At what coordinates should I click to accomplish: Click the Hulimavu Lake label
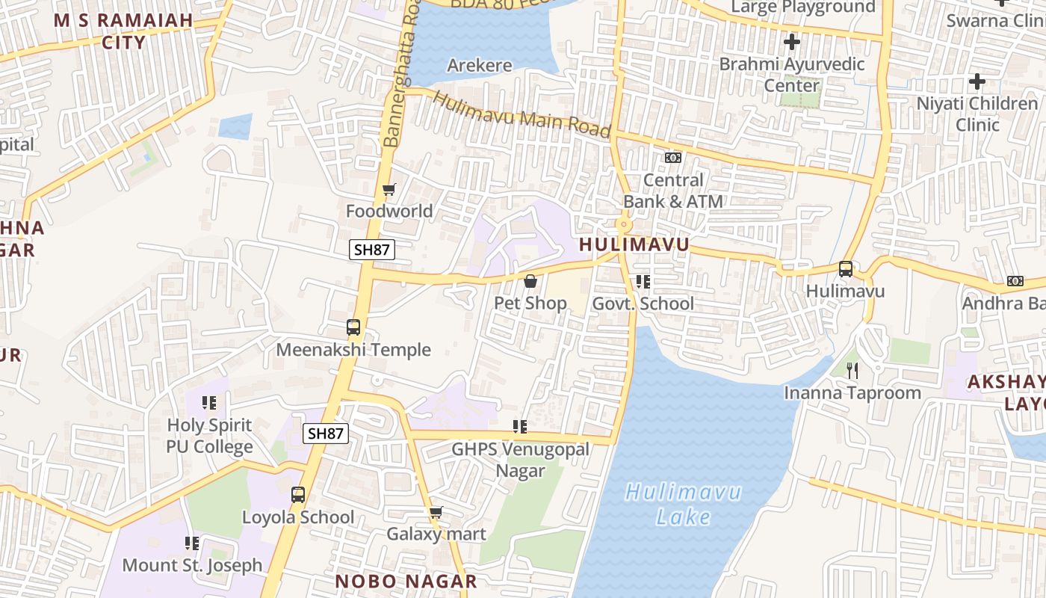click(x=684, y=504)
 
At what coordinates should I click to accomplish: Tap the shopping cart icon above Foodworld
click(x=389, y=189)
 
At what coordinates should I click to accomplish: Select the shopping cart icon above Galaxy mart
click(x=436, y=513)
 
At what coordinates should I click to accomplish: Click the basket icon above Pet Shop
click(x=530, y=282)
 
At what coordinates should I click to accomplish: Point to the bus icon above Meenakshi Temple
click(x=353, y=327)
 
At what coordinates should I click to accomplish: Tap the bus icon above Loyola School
click(x=298, y=495)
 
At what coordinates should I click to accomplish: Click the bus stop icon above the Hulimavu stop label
click(x=845, y=269)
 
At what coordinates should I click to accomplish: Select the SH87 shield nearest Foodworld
click(x=371, y=250)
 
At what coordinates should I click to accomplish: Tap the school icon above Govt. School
click(x=643, y=282)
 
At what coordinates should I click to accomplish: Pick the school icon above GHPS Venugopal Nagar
click(x=519, y=427)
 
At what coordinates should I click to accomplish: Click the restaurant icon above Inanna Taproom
click(x=852, y=370)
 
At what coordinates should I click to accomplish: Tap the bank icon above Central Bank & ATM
click(x=673, y=158)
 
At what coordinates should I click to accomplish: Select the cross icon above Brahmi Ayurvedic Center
click(x=791, y=42)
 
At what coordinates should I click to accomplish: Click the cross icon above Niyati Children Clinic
click(x=977, y=81)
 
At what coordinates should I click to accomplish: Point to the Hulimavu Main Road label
click(x=522, y=114)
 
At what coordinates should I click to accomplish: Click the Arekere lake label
click(x=480, y=66)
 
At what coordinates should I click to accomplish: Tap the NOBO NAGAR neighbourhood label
click(x=406, y=581)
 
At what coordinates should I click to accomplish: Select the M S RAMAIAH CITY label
click(x=124, y=31)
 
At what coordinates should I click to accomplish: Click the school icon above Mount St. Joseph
click(x=192, y=543)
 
